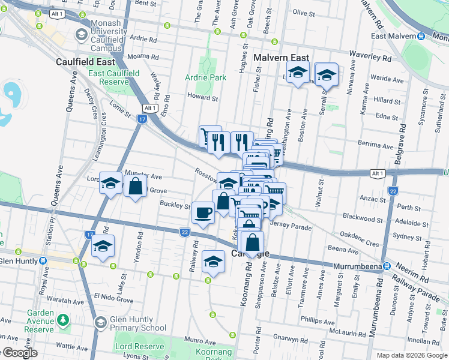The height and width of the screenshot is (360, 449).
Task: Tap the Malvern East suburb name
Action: click(x=281, y=58)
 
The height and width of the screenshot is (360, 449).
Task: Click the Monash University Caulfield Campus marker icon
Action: click(x=80, y=35)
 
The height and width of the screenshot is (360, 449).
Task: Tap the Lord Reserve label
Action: click(x=139, y=346)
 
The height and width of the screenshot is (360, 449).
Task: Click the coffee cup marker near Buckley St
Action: click(x=203, y=212)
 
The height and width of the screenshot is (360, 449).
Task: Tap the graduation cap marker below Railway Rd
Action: click(x=212, y=262)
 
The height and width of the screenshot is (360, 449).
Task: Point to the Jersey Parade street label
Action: click(x=291, y=227)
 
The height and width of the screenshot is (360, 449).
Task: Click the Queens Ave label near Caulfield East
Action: click(x=73, y=88)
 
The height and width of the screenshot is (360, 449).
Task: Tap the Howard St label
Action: click(x=202, y=97)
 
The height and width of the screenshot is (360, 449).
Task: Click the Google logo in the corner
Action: click(x=21, y=353)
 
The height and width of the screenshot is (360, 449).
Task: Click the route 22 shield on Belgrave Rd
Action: click(x=393, y=191)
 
